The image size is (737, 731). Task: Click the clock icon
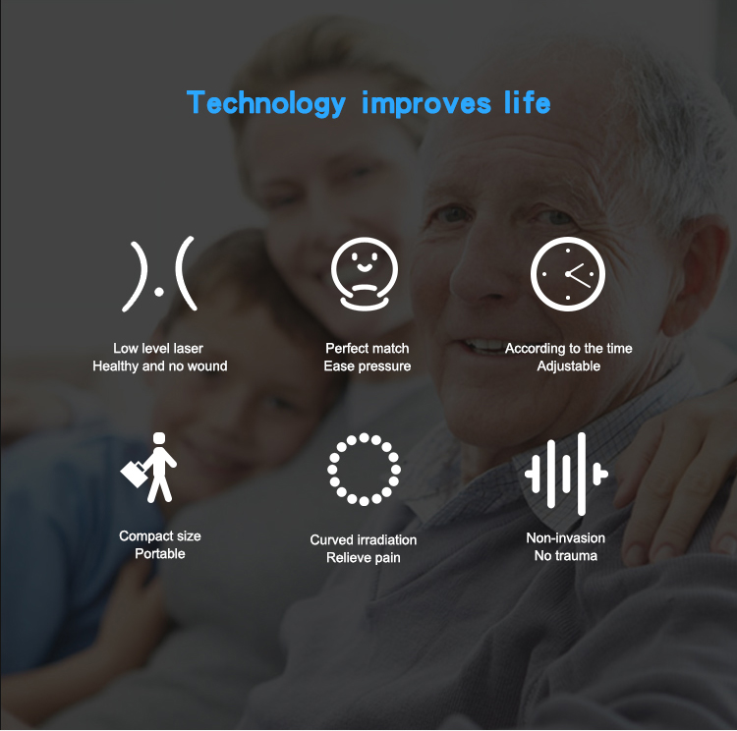[568, 273]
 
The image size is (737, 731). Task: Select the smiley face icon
[366, 274]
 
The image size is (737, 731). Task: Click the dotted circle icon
[365, 469]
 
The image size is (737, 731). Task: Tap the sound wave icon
[567, 473]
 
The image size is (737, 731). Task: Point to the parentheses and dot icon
[159, 274]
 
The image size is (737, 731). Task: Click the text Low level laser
[158, 349]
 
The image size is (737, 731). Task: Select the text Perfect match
[368, 349]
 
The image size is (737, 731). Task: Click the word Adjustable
[568, 366]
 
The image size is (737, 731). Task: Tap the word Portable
[160, 554]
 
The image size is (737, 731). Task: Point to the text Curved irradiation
[364, 540]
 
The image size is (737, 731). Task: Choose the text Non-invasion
[566, 538]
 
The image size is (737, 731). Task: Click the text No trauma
[566, 556]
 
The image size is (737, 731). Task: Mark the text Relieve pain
[364, 558]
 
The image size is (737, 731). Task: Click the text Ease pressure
[368, 366]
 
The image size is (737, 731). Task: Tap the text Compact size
[160, 536]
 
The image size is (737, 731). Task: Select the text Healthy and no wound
[160, 366]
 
